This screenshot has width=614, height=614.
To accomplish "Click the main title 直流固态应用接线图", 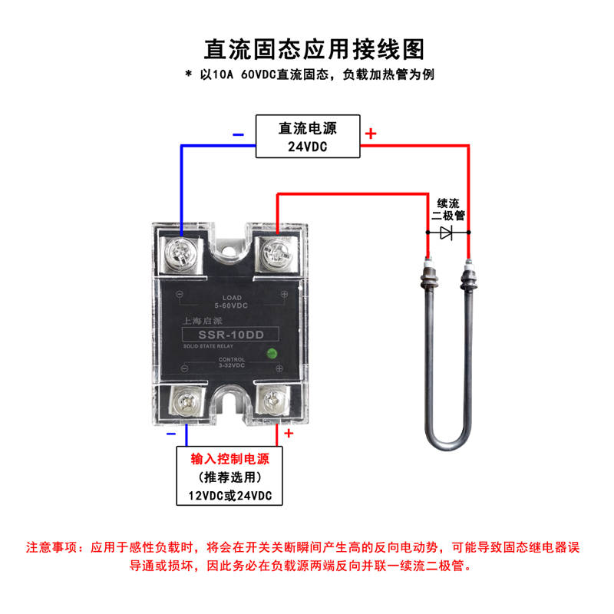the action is pyautogui.click(x=314, y=49).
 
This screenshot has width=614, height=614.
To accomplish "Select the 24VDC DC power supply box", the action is pyautogui.click(x=308, y=137).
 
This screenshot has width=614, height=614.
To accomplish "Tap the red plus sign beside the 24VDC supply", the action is pyautogui.click(x=371, y=134).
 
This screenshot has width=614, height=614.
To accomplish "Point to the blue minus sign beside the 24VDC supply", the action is pyautogui.click(x=238, y=135).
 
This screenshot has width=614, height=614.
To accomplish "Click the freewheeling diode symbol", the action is pyautogui.click(x=447, y=233).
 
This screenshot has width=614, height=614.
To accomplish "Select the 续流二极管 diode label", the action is pyautogui.click(x=448, y=210).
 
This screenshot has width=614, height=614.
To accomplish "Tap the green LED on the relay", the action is pyautogui.click(x=272, y=354).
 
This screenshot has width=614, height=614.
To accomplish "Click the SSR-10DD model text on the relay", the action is pyautogui.click(x=231, y=335).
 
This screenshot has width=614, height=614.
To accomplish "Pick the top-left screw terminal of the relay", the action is pyautogui.click(x=181, y=251).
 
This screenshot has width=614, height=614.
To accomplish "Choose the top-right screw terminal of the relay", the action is pyautogui.click(x=277, y=252).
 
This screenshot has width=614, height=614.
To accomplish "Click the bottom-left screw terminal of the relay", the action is pyautogui.click(x=185, y=401).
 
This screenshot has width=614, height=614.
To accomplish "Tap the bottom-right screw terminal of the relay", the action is pyautogui.click(x=274, y=401).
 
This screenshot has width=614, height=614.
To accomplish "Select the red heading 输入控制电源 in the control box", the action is pyautogui.click(x=229, y=458).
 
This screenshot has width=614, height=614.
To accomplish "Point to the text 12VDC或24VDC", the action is pyautogui.click(x=229, y=496).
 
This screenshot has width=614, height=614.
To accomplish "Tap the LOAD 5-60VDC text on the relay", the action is pyautogui.click(x=232, y=302).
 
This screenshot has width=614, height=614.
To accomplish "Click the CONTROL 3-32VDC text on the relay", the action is pyautogui.click(x=232, y=362).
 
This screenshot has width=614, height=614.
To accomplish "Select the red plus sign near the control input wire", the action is pyautogui.click(x=289, y=433).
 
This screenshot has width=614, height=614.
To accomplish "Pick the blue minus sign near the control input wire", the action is pyautogui.click(x=171, y=434).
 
